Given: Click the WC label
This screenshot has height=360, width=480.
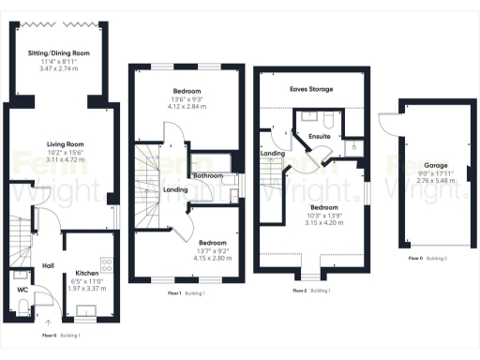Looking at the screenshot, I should tap(22, 291).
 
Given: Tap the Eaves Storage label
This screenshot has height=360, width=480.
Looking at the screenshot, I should tap(311, 90).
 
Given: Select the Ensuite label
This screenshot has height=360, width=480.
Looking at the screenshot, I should tap(320, 136).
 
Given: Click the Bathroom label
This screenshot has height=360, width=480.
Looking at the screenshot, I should tap(208, 176).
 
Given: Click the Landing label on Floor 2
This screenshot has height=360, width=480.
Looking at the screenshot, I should tap(273, 153).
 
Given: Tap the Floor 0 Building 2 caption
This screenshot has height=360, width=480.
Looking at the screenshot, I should tap(426, 258).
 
